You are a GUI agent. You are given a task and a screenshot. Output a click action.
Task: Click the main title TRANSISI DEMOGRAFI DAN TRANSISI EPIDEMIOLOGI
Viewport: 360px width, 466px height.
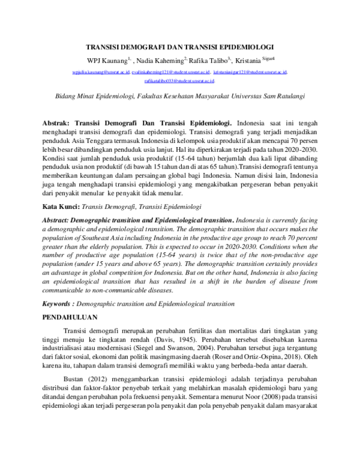(x=180, y=46)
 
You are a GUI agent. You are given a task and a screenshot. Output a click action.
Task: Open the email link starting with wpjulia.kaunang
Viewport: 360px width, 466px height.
(x=100, y=71)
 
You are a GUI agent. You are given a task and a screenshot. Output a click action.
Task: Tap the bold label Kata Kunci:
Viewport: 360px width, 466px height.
(x=61, y=205)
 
